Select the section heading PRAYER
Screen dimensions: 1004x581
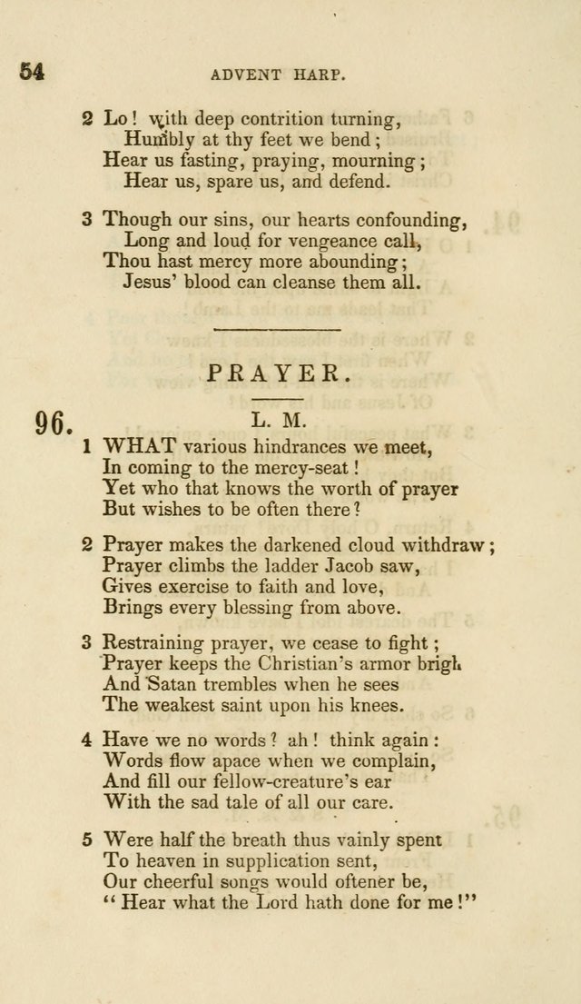(x=280, y=373)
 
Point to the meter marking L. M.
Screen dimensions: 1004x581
(x=280, y=421)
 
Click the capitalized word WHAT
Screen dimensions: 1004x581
(x=140, y=446)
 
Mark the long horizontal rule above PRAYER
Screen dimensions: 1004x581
(x=276, y=330)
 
